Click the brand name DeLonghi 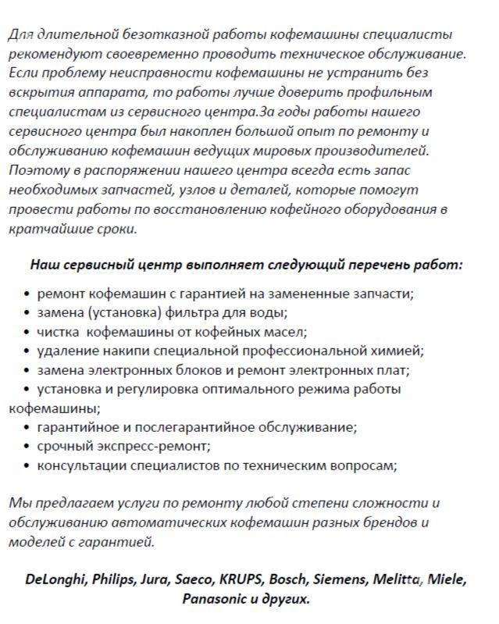[x=55, y=579]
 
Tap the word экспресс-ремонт [x=158, y=447]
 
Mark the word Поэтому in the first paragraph [x=37, y=170]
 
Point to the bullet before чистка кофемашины [x=28, y=333]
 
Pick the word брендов [x=387, y=522]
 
